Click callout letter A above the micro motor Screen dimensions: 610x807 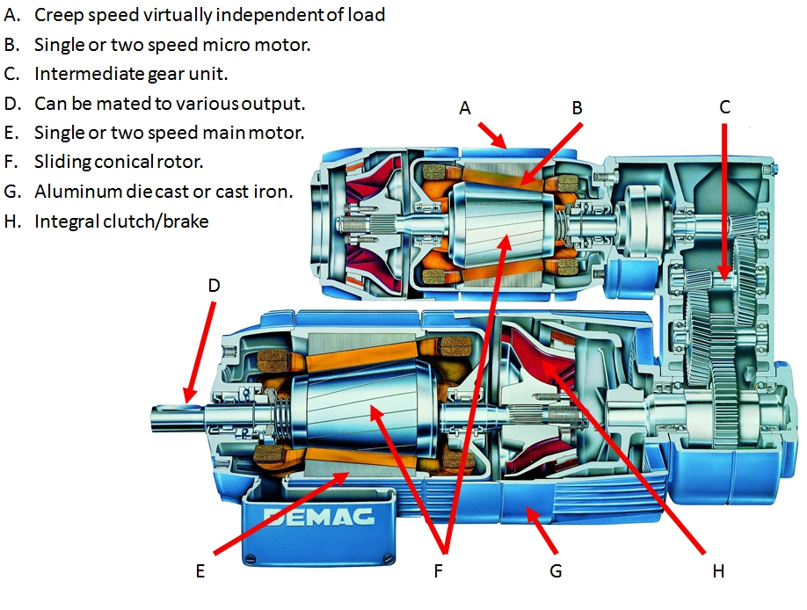pos(465,108)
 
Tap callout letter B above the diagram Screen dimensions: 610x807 pos(577,108)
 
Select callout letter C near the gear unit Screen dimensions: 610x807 pos(724,108)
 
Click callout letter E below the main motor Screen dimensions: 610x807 pos(200,570)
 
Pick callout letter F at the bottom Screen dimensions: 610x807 pos(438,570)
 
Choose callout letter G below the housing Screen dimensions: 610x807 pos(555,570)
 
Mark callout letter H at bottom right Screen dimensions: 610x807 pos(717,570)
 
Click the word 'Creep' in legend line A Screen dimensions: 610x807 pos(57,15)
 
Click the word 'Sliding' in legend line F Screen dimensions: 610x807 pos(61,162)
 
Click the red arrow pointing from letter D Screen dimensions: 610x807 pos(199,352)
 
